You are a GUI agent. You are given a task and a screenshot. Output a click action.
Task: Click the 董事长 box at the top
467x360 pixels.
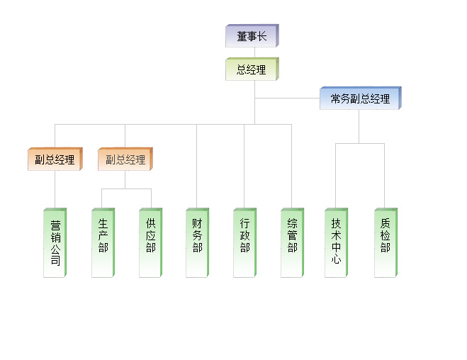(252, 36)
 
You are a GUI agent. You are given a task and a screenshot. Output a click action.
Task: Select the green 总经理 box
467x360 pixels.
(252, 69)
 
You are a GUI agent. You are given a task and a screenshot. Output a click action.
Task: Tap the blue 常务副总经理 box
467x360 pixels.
(360, 99)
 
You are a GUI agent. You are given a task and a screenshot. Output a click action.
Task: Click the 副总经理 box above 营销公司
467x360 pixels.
(55, 159)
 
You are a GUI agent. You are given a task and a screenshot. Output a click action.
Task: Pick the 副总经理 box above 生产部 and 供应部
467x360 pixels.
(125, 159)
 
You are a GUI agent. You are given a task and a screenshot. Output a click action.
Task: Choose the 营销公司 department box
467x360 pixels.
(55, 242)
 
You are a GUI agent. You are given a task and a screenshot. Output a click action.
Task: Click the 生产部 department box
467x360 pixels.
(103, 242)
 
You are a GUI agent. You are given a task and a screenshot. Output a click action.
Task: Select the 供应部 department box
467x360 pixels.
(150, 242)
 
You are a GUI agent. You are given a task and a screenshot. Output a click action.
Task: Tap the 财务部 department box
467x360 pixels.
(197, 242)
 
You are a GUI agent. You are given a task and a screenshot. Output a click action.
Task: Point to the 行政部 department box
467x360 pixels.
(244, 242)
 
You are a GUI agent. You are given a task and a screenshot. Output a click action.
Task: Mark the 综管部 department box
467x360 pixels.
(291, 242)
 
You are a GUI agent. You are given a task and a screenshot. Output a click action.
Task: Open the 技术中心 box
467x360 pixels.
(336, 242)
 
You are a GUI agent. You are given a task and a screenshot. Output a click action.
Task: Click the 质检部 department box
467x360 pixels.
(385, 242)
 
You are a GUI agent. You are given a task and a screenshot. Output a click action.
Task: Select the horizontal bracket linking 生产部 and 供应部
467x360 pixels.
(126, 189)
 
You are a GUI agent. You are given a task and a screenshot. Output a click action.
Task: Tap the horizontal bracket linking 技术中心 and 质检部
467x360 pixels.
(360, 143)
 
